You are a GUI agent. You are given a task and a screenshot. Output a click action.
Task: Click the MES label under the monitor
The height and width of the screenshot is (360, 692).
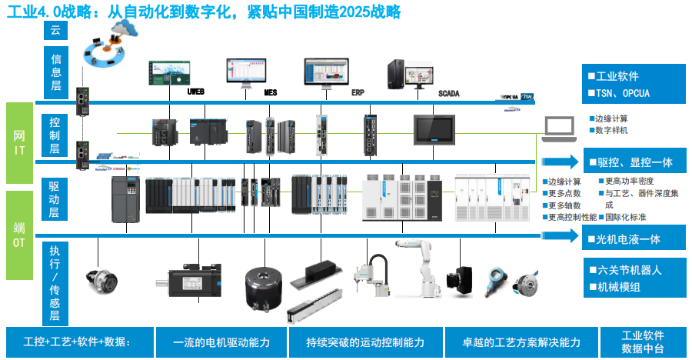(271, 92)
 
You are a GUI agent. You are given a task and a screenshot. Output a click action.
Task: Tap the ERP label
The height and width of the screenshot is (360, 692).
(358, 92)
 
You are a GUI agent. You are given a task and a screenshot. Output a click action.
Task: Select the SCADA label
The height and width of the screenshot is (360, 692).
(449, 93)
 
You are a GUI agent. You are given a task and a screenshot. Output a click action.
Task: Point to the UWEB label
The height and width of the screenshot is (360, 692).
(197, 92)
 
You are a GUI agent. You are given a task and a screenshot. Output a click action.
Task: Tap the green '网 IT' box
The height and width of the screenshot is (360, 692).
(19, 143)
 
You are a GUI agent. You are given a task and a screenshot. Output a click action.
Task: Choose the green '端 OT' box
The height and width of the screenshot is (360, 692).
(19, 235)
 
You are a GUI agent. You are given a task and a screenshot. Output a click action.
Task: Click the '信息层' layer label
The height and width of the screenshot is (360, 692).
(55, 72)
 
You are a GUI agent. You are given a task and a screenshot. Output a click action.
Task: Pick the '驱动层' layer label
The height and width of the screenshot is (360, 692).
(55, 199)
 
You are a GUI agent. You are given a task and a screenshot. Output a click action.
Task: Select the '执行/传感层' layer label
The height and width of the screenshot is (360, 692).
(55, 282)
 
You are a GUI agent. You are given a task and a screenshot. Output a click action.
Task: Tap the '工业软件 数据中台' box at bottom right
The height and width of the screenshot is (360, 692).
(643, 342)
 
